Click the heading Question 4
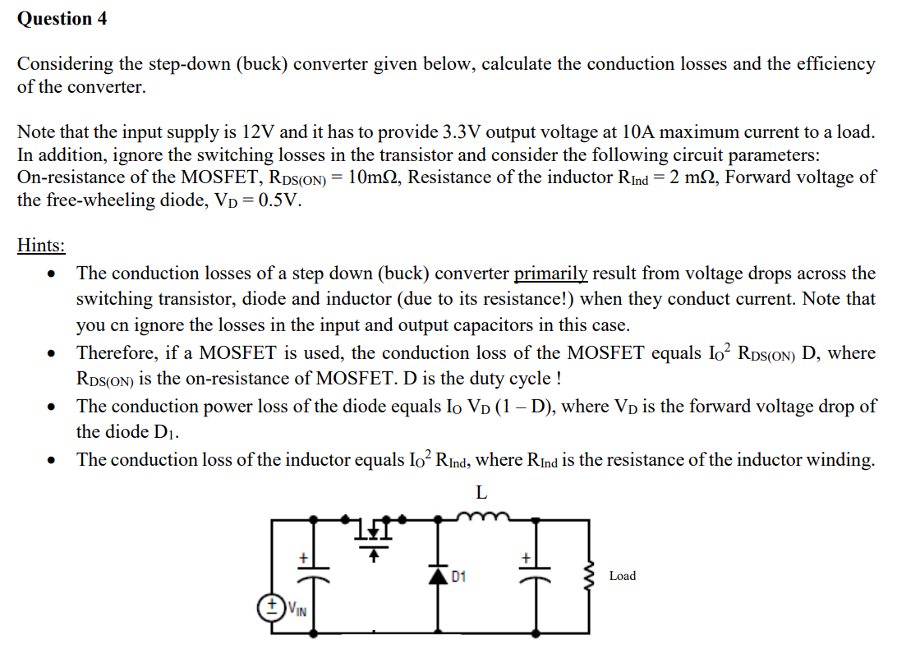pos(62,19)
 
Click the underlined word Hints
pos(41,245)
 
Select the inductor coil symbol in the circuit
pos(481,517)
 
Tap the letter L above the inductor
pos(482,493)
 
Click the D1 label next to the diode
pos(458,576)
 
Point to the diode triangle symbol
pos(441,576)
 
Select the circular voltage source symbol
pos(272,609)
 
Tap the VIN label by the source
pos(297,610)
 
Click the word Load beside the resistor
pos(622,576)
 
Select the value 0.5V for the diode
pos(275,200)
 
